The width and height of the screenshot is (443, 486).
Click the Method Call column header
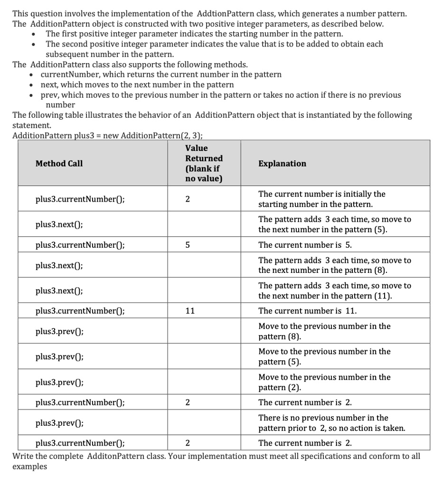coord(59,163)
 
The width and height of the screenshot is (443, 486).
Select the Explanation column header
coord(282,163)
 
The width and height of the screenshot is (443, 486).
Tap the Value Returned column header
coord(204,163)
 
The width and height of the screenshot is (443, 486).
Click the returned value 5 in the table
coord(187,245)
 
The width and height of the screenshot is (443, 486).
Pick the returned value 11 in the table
coord(189,311)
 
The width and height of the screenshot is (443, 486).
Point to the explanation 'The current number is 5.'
coord(305,245)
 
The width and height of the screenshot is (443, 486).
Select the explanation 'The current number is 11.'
coord(307,311)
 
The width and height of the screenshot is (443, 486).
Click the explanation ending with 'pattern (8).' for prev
coord(324,331)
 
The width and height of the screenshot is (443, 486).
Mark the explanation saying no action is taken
coord(331,423)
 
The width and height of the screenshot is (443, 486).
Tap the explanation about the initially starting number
coord(321,199)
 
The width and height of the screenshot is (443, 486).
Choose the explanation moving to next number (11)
coord(334,290)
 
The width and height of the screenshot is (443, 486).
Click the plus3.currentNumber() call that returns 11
coord(80,311)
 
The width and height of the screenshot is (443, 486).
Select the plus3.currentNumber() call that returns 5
coord(80,245)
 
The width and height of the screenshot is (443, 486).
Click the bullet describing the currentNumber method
coord(161,75)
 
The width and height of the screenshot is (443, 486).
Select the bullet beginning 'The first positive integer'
coord(194,34)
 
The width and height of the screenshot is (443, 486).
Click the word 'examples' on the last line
coord(29,466)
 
